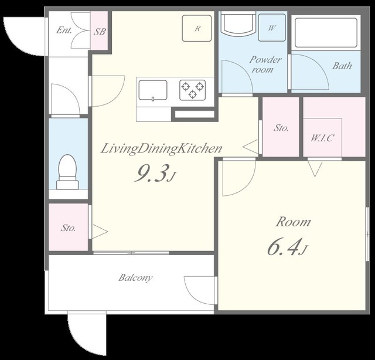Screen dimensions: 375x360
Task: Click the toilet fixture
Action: click(x=67, y=172)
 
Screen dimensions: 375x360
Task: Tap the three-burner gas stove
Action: click(x=193, y=90)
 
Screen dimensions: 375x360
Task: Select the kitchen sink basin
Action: click(x=153, y=90)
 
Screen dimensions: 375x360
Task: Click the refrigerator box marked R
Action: click(x=197, y=28)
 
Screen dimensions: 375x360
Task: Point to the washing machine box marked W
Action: click(x=272, y=28)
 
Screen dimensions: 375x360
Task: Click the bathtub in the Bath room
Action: click(x=326, y=33)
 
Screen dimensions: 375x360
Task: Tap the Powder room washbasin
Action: click(x=237, y=25)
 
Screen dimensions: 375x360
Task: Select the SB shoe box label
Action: click(x=100, y=32)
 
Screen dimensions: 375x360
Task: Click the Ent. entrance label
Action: click(x=64, y=30)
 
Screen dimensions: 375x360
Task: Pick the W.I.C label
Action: click(x=322, y=138)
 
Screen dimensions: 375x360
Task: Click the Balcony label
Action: click(x=135, y=278)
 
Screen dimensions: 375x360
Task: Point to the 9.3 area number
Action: click(x=154, y=173)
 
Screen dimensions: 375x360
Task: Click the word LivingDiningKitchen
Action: click(x=162, y=148)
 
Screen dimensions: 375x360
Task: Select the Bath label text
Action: click(x=342, y=66)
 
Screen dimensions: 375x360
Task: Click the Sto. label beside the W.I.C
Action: click(x=281, y=128)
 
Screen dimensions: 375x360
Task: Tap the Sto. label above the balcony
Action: click(x=68, y=227)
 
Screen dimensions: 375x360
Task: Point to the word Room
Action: click(x=294, y=222)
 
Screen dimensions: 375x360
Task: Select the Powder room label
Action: click(x=265, y=64)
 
